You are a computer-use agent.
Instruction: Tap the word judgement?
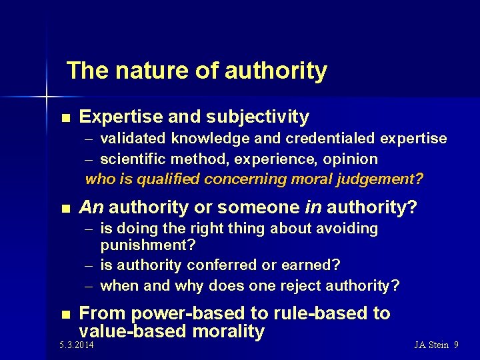pyautogui.click(x=383, y=179)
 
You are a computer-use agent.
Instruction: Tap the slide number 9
pyautogui.click(x=456, y=345)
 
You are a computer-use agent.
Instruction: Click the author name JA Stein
pyautogui.click(x=431, y=345)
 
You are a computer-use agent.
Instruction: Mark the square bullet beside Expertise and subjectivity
pyautogui.click(x=65, y=118)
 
